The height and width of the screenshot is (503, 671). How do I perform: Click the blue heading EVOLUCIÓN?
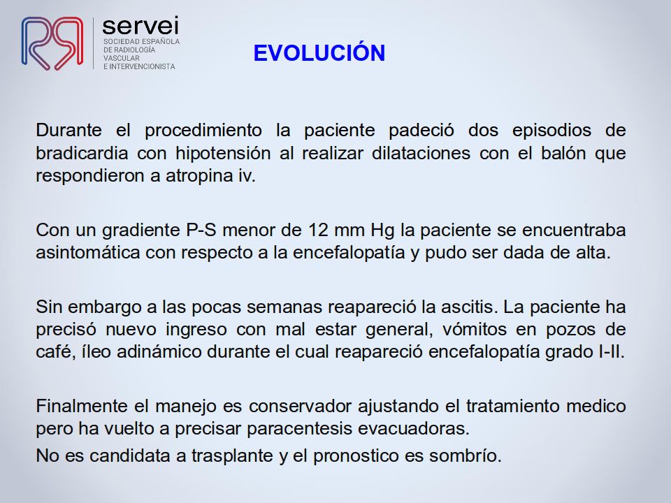(319, 52)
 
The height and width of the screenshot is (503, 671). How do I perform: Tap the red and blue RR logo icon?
(52, 43)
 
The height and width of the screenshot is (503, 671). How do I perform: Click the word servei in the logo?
(140, 26)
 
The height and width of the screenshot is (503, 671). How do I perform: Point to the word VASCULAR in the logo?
(122, 58)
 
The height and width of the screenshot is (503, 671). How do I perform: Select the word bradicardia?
(82, 153)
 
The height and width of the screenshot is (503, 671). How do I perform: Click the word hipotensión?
(223, 154)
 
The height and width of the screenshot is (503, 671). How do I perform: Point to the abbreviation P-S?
(201, 230)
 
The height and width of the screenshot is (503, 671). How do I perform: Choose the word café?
(54, 352)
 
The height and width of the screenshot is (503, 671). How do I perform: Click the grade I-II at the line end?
(609, 351)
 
